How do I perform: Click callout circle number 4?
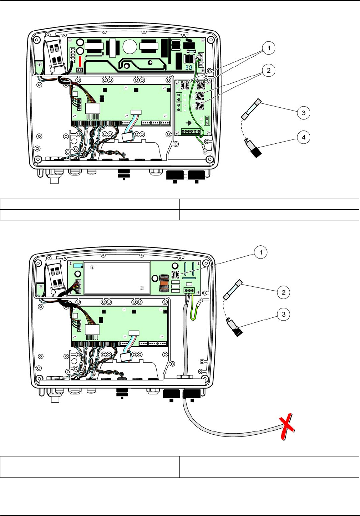pyautogui.click(x=304, y=137)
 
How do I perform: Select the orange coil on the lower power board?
pyautogui.click(x=164, y=282)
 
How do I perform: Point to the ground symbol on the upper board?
pyautogui.click(x=189, y=123)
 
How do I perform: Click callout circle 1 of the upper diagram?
pyautogui.click(x=269, y=48)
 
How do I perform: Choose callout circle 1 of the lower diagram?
pyautogui.click(x=261, y=252)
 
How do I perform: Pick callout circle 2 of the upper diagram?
pyautogui.click(x=269, y=70)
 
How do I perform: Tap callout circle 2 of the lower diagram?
pyautogui.click(x=284, y=292)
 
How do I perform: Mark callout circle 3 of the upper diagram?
pyautogui.click(x=304, y=113)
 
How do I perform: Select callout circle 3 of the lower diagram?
pyautogui.click(x=284, y=314)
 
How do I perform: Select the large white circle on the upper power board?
pyautogui.click(x=130, y=46)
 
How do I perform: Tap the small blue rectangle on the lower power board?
pyautogui.click(x=77, y=266)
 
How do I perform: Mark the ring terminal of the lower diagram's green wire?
pyautogui.click(x=201, y=302)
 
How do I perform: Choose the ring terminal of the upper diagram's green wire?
pyautogui.click(x=205, y=151)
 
